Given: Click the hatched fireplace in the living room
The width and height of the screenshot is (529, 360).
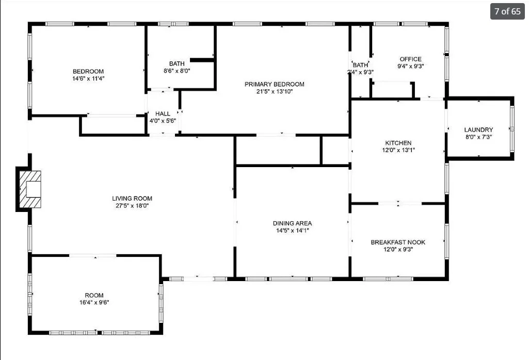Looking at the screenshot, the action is [30, 189].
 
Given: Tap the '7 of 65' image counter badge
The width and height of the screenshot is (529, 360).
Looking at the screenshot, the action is [507, 11].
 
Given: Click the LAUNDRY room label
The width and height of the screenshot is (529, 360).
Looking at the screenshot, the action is [478, 130].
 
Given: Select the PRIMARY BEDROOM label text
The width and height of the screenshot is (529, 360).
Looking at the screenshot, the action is [274, 84].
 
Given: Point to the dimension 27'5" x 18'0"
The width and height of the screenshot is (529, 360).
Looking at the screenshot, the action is [132, 206].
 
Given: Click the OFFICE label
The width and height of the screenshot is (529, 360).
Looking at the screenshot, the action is [411, 59].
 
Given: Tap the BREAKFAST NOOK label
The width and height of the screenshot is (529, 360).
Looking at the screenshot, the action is [398, 242].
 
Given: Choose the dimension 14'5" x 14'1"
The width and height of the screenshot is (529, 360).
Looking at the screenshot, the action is [293, 231].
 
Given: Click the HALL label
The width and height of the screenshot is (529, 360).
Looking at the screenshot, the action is [163, 113].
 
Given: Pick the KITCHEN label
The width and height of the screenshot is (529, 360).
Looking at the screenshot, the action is [398, 143].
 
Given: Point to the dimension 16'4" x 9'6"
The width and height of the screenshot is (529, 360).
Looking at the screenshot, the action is [94, 302].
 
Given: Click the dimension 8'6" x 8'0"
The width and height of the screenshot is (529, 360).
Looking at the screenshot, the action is [177, 71].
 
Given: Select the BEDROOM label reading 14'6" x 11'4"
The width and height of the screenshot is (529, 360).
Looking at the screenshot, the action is [88, 72].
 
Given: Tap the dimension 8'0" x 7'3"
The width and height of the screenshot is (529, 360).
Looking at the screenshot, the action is [478, 137].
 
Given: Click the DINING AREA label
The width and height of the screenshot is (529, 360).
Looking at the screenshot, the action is [292, 223].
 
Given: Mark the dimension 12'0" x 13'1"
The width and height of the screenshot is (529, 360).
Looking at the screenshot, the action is [398, 150].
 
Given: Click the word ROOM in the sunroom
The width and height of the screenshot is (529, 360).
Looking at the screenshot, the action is [94, 296].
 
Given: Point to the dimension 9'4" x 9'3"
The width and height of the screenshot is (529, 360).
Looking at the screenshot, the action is [411, 66].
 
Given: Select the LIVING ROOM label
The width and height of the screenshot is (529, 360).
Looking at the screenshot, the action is [132, 199].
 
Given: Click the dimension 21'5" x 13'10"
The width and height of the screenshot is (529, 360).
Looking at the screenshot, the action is [274, 91].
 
